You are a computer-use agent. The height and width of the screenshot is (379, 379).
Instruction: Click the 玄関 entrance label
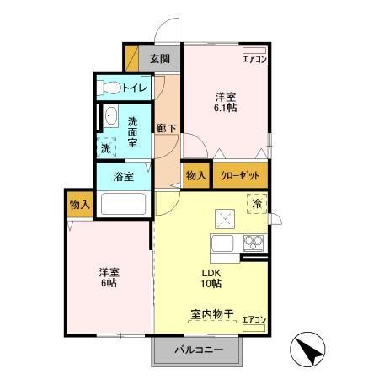pyautogui.click(x=160, y=59)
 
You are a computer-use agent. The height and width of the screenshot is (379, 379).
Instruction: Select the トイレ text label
pyautogui.click(x=135, y=88)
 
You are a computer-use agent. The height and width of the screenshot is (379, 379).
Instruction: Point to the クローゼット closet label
pyautogui.click(x=240, y=176)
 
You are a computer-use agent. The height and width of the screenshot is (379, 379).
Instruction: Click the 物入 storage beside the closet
pyautogui.click(x=195, y=176)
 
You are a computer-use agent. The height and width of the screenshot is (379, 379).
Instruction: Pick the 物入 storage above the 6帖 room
pyautogui.click(x=80, y=206)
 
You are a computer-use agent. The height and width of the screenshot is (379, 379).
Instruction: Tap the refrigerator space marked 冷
pyautogui.click(x=255, y=203)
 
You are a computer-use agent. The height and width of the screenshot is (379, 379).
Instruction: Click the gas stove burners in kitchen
pyautogui.click(x=253, y=243)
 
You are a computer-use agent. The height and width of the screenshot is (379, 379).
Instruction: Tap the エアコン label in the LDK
pyautogui.click(x=254, y=320)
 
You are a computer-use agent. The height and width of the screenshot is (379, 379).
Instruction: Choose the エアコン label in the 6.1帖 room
pyautogui.click(x=254, y=59)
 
